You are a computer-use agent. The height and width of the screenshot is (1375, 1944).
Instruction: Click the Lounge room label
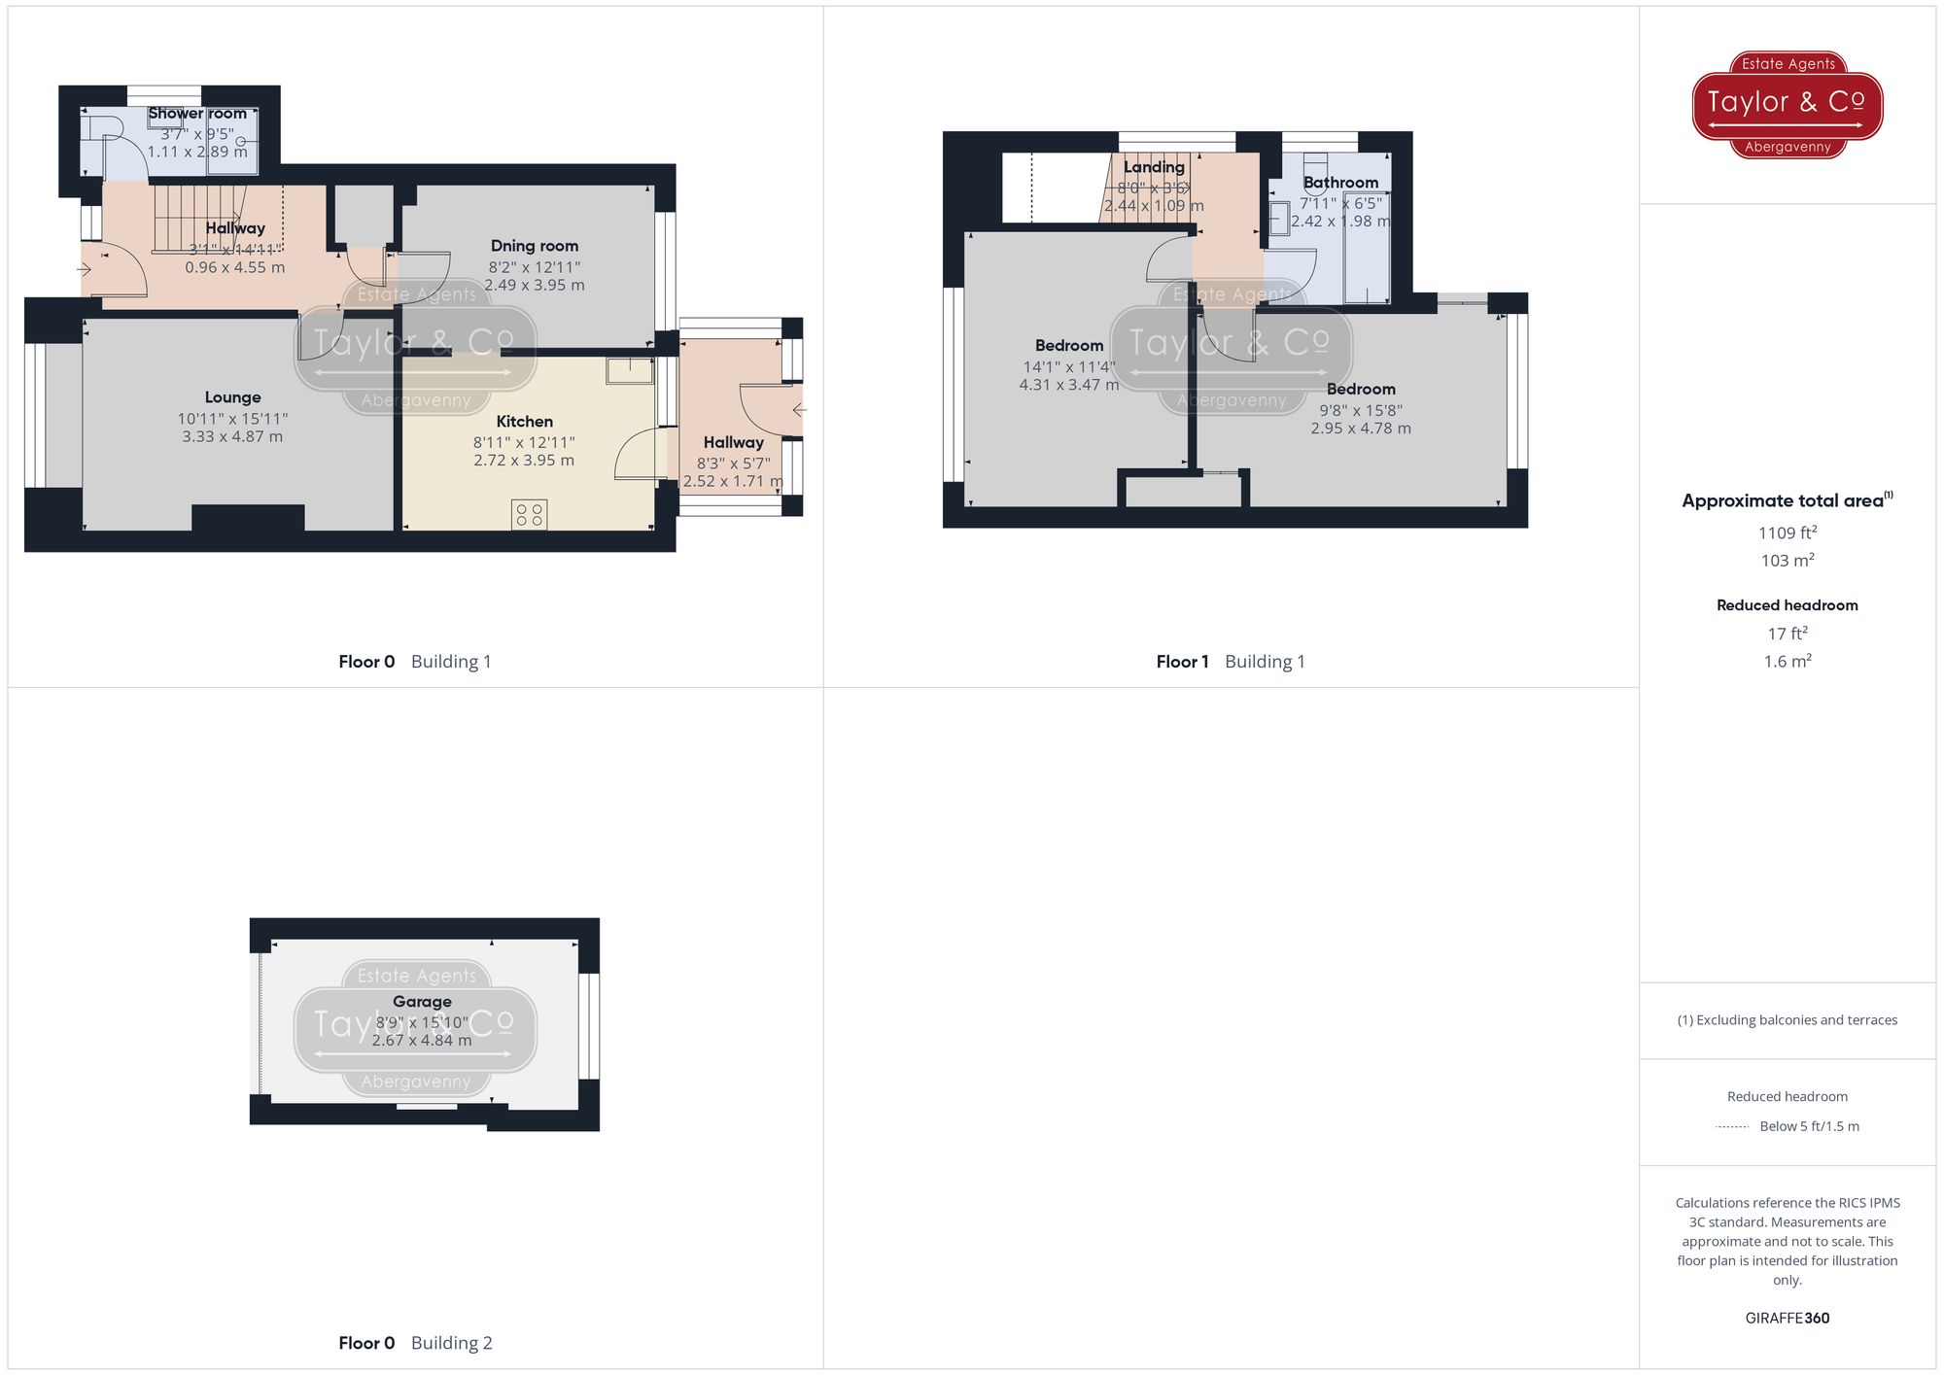[232, 397]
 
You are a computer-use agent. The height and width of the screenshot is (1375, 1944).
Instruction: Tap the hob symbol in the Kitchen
[529, 515]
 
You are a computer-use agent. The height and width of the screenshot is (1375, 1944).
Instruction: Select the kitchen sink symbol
[630, 370]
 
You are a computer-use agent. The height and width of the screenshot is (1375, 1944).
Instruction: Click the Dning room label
[534, 246]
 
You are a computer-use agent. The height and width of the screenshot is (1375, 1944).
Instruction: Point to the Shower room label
[197, 114]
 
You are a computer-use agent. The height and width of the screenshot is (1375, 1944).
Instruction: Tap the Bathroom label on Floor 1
[1340, 183]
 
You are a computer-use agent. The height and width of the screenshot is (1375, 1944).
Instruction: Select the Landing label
[1154, 167]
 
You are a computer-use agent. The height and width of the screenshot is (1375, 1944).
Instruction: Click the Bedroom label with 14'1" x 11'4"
[1068, 346]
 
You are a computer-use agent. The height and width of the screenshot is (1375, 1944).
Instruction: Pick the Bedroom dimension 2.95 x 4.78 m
[1360, 429]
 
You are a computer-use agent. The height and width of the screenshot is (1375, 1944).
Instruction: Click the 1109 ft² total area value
[1787, 533]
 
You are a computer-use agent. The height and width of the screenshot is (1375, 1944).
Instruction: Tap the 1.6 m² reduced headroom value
[1787, 662]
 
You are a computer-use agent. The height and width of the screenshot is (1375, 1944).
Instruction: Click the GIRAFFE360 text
[1787, 1319]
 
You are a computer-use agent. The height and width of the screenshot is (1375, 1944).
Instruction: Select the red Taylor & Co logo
[1787, 104]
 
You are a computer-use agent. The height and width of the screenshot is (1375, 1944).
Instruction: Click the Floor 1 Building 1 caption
[1230, 662]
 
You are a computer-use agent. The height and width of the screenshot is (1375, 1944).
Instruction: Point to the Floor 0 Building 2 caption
[415, 1343]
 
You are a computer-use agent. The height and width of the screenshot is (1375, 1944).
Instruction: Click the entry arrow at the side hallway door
[798, 411]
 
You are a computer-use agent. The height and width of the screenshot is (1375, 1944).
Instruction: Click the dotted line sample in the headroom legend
[1732, 1127]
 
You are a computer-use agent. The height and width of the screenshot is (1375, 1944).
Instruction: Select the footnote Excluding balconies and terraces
[1787, 1020]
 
